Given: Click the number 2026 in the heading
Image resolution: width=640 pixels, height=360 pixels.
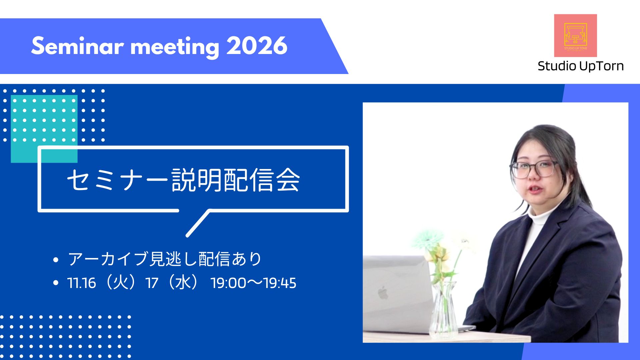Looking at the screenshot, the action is coord(257,46).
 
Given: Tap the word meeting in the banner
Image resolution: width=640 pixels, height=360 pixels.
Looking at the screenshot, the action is coord(175,47).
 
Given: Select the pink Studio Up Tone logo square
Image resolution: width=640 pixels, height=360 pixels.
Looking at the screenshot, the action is coord(575,35).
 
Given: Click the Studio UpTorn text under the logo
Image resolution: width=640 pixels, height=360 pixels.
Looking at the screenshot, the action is coord(581,66).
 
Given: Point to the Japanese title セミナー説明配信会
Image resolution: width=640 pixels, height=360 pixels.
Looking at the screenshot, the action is coord(184,180).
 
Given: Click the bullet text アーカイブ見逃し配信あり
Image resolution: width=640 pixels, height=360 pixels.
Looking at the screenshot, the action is coord(165,259).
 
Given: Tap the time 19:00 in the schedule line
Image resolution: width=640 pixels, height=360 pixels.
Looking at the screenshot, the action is coord(228,283).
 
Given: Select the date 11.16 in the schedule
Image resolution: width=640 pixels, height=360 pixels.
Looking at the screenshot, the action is coord(82,283).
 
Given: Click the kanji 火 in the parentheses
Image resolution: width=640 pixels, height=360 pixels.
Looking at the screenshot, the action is coord(120,282).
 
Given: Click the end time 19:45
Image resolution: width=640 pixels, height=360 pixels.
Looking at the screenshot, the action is coord(279,283).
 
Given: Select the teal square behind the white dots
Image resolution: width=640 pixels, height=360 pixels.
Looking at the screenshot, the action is coord(44,129).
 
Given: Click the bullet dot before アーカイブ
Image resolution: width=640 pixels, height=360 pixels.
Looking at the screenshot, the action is coord(56,260).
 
